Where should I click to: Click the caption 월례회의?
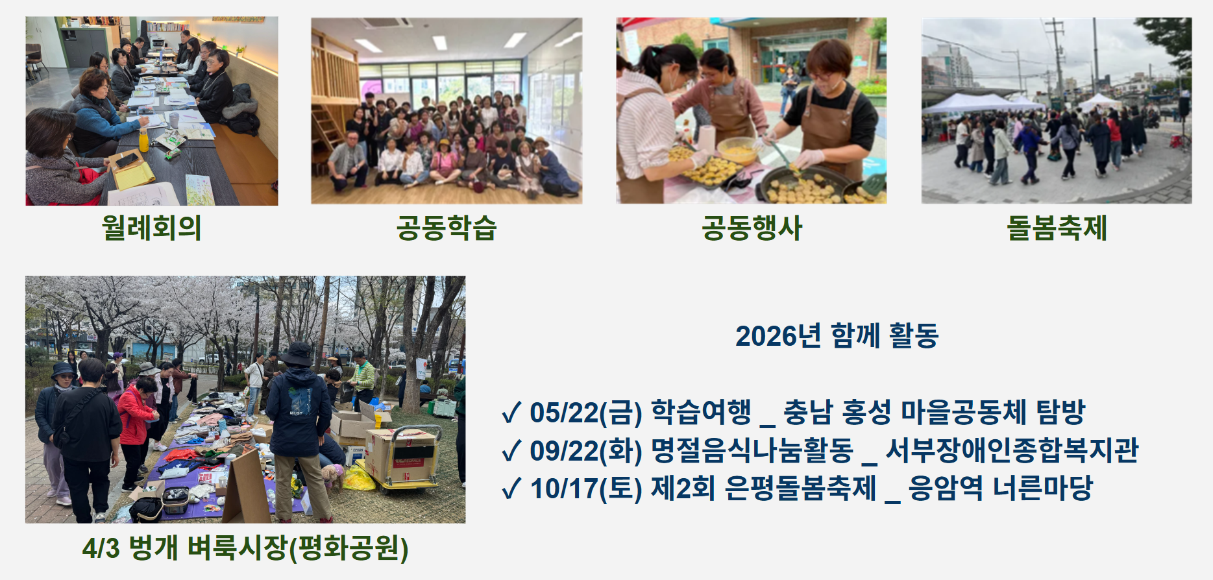click(151, 228)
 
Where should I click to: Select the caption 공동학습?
click(447, 228)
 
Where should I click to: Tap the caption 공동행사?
click(752, 228)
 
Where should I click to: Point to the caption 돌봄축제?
click(1057, 228)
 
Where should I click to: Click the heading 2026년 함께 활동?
click(837, 335)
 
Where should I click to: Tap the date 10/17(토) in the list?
click(586, 489)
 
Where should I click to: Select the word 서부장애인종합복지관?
click(1012, 450)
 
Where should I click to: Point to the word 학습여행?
click(701, 412)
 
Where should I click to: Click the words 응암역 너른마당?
click(1001, 488)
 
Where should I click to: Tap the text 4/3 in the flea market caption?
click(101, 548)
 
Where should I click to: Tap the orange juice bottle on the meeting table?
click(143, 140)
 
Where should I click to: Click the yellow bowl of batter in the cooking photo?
click(738, 151)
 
